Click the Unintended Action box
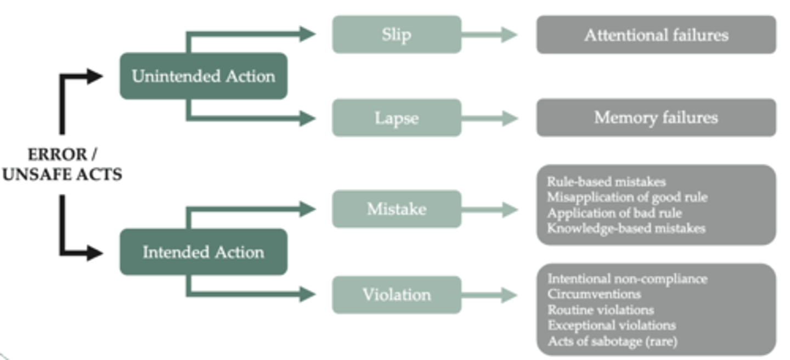(x=204, y=76)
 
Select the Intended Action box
(x=204, y=252)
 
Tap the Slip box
(x=397, y=35)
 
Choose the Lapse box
(x=397, y=118)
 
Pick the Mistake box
(x=397, y=209)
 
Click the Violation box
(x=397, y=295)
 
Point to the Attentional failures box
(x=656, y=35)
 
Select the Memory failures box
(x=656, y=117)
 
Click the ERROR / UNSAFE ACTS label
(x=61, y=164)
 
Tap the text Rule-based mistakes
(x=606, y=182)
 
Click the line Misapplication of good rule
(x=627, y=197)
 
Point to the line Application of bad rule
(x=614, y=212)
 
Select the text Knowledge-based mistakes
(x=626, y=228)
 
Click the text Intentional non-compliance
(x=627, y=279)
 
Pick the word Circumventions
(x=586, y=294)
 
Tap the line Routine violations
(x=601, y=310)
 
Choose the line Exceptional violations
(x=612, y=325)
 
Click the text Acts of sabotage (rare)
(x=612, y=341)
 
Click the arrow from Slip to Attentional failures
(x=489, y=35)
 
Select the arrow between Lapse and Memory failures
(x=489, y=118)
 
